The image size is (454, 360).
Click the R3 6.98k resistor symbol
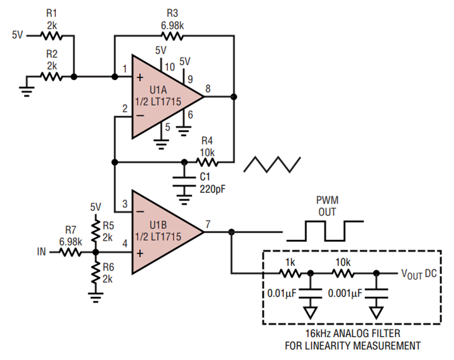173,36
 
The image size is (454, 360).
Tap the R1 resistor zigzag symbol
51,36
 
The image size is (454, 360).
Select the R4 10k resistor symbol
207,162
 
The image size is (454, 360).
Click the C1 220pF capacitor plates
184,181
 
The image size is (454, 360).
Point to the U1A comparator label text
158,89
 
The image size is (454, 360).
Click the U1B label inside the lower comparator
158,225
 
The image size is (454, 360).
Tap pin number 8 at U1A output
208,89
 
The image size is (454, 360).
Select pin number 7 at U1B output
208,224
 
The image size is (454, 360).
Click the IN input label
41,251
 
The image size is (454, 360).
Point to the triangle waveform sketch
272,165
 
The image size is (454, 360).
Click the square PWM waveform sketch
325,231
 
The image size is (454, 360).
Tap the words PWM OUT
327,206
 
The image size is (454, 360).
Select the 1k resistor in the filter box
291,273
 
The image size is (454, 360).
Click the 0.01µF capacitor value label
281,293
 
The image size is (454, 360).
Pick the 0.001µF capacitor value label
345,293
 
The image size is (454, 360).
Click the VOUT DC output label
419,273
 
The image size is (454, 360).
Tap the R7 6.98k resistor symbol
70,252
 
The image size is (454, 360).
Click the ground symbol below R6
96,297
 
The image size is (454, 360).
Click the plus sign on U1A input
140,77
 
